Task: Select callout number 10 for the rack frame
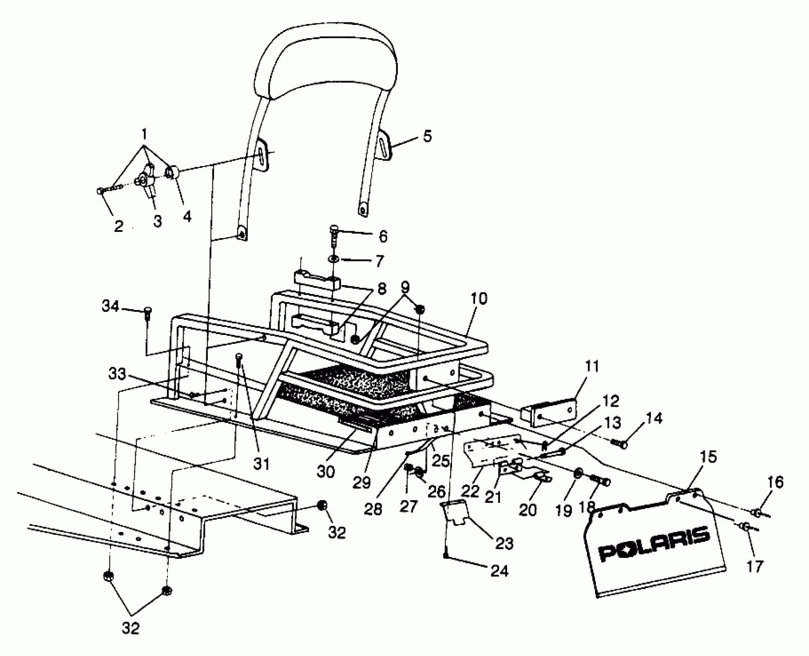pyautogui.click(x=479, y=298)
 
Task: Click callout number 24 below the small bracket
pyautogui.click(x=499, y=570)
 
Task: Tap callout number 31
pyautogui.click(x=261, y=463)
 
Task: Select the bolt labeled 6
pyautogui.click(x=334, y=236)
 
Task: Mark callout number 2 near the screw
pyautogui.click(x=118, y=226)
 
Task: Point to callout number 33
pyautogui.click(x=117, y=374)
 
